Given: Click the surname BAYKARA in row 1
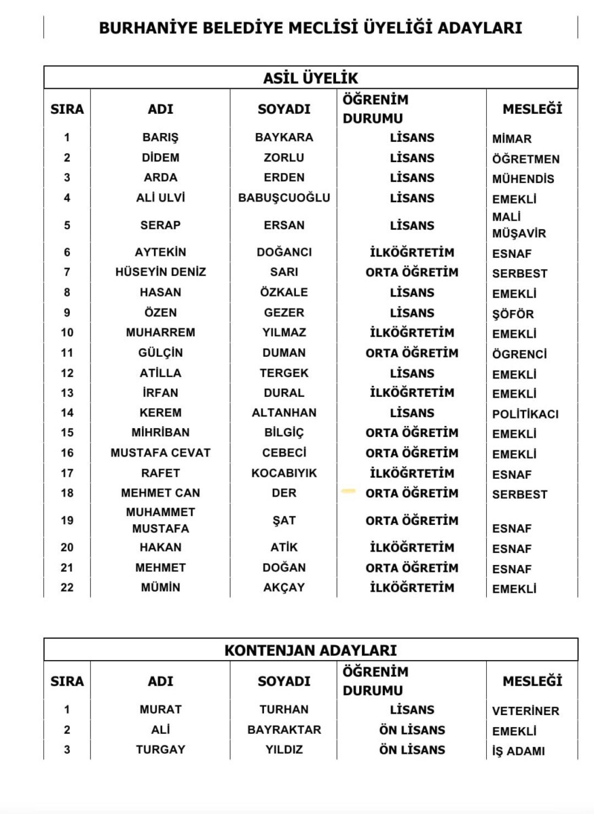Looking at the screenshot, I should click(x=284, y=137).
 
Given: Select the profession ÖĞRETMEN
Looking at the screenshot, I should click(x=526, y=159).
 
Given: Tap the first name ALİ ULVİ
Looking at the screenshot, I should click(x=160, y=198).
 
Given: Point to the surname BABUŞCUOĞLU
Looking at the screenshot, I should click(x=284, y=198).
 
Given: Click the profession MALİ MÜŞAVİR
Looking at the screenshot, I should click(x=519, y=225).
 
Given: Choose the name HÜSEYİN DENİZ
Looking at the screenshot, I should click(x=160, y=272).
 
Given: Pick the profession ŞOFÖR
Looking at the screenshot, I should click(x=513, y=314).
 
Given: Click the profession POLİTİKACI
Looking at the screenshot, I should click(x=525, y=414).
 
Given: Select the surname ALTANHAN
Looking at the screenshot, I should click(x=284, y=412).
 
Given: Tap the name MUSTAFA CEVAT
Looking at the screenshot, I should click(x=160, y=453).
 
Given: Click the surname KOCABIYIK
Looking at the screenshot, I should click(x=284, y=473).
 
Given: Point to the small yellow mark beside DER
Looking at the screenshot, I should click(x=348, y=490).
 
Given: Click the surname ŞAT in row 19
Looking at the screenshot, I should click(x=284, y=520).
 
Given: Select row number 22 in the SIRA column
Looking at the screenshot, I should click(x=67, y=587).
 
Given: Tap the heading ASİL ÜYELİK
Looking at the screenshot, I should click(x=310, y=78).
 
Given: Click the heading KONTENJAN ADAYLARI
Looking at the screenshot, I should click(x=310, y=650).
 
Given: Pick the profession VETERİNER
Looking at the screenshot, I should click(x=525, y=712).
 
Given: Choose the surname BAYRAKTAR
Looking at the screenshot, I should click(x=284, y=730).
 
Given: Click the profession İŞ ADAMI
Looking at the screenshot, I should click(x=519, y=751).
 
